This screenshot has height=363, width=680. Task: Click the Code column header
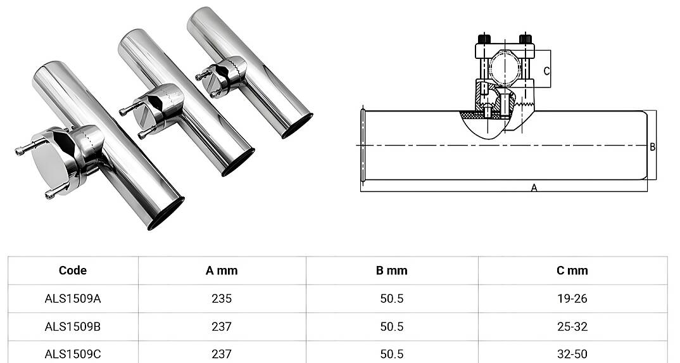tap(72, 271)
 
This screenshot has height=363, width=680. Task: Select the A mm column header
tap(222, 271)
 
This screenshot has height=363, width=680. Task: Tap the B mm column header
tap(392, 271)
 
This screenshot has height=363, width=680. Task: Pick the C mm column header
tap(572, 271)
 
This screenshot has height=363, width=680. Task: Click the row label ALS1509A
tap(72, 298)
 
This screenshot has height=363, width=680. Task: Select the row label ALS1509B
tap(72, 326)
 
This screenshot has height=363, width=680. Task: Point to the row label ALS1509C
tap(72, 354)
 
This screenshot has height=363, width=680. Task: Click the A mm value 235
tap(222, 298)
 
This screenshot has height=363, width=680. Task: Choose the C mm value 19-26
tap(572, 298)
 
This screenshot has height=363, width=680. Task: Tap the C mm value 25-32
tap(572, 326)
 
